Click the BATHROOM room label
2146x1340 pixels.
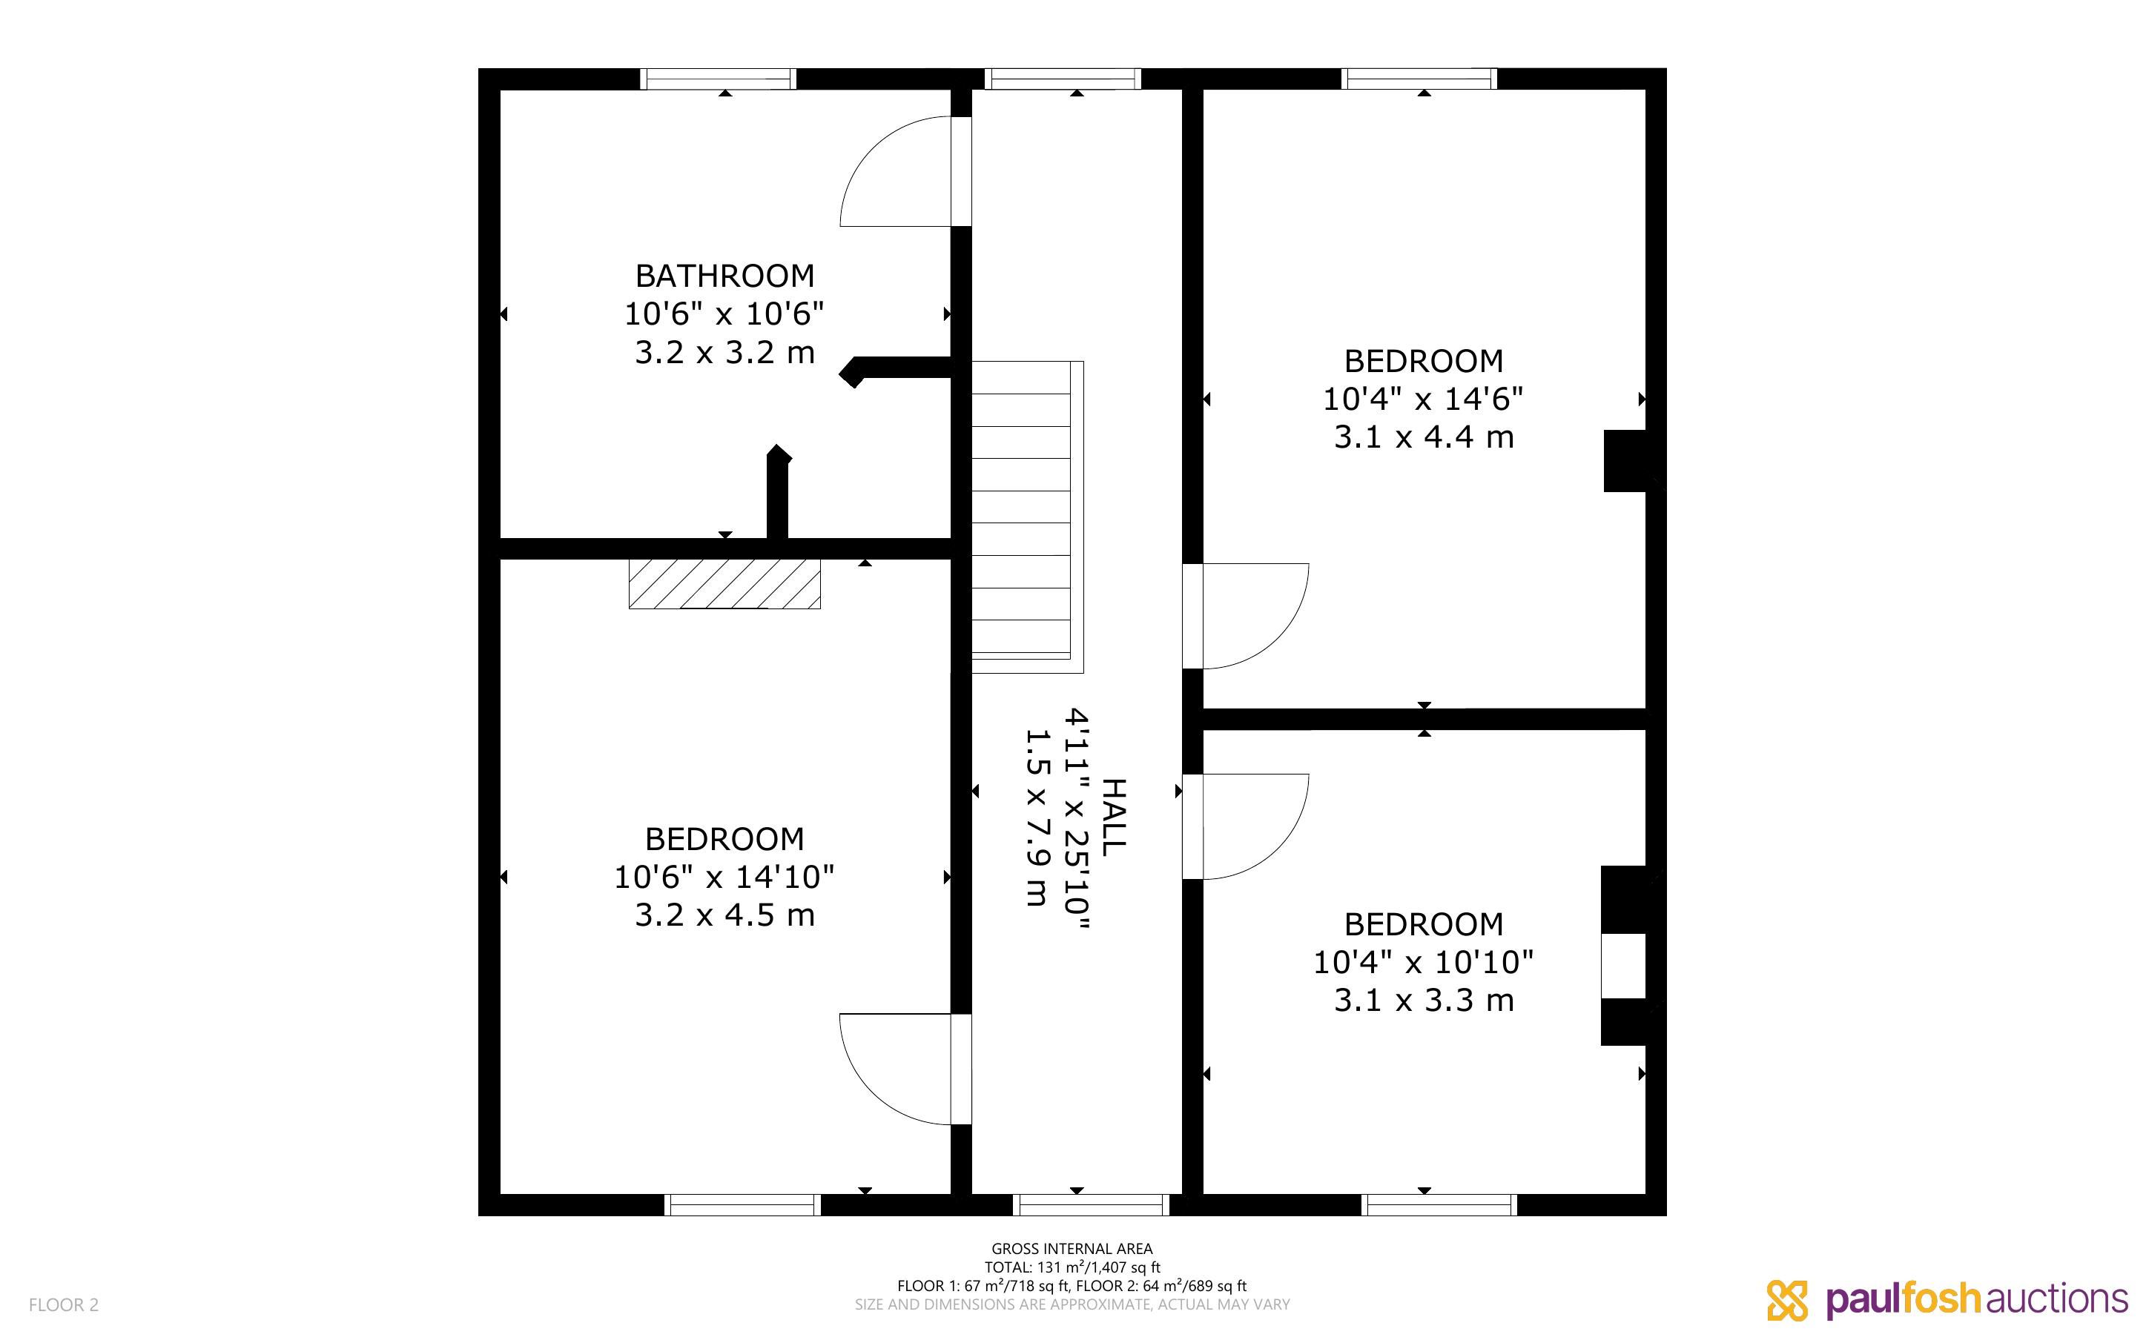[x=724, y=276]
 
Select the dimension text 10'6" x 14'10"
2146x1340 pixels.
[x=724, y=877]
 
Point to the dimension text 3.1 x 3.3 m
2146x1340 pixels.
[x=1424, y=1001]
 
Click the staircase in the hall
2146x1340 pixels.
[x=1027, y=517]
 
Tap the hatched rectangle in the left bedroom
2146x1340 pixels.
[x=724, y=583]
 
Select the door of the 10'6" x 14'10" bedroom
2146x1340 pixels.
[x=905, y=1069]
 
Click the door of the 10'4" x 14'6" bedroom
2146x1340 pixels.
[x=1246, y=616]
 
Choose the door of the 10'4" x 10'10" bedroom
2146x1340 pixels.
[x=1246, y=827]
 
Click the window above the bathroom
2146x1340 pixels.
[x=718, y=79]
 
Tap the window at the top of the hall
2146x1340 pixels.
[x=1063, y=79]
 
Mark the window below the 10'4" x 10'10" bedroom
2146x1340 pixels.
[x=1439, y=1205]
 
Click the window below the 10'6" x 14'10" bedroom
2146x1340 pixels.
[x=743, y=1205]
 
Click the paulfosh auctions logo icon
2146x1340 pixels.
[x=1787, y=1300]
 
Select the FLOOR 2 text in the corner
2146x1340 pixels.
[x=64, y=1304]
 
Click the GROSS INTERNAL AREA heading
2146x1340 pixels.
[x=1072, y=1249]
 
